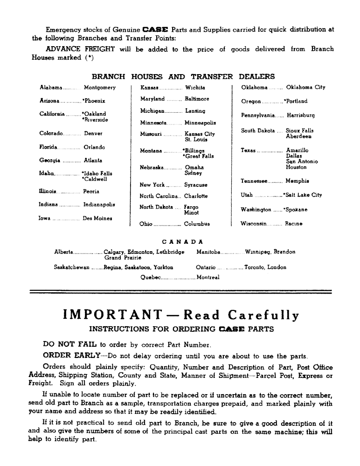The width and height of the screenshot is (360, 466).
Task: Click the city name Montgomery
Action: point(99,87)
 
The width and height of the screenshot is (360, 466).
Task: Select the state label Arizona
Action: point(49,101)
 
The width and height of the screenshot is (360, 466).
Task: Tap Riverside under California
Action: point(96,120)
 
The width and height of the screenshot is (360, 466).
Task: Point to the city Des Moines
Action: point(97,218)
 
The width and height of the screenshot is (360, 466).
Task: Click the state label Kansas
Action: point(151,87)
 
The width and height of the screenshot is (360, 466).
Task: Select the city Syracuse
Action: point(196,185)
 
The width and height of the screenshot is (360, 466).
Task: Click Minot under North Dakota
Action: point(191,212)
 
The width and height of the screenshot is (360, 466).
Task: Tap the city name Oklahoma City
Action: point(305,87)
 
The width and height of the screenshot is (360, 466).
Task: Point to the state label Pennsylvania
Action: point(258,115)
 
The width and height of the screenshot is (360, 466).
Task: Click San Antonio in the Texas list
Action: point(302,162)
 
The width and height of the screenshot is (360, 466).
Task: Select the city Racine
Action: point(294,224)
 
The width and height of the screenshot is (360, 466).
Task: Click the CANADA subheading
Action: point(182,242)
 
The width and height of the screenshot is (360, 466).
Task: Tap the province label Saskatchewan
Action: point(72,267)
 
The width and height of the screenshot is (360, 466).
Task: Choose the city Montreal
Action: point(208,277)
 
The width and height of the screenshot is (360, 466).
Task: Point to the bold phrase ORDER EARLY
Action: point(67,356)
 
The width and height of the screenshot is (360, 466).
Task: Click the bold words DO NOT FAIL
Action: point(69,345)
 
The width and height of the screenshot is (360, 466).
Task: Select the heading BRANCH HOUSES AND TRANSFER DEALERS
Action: point(183,77)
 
